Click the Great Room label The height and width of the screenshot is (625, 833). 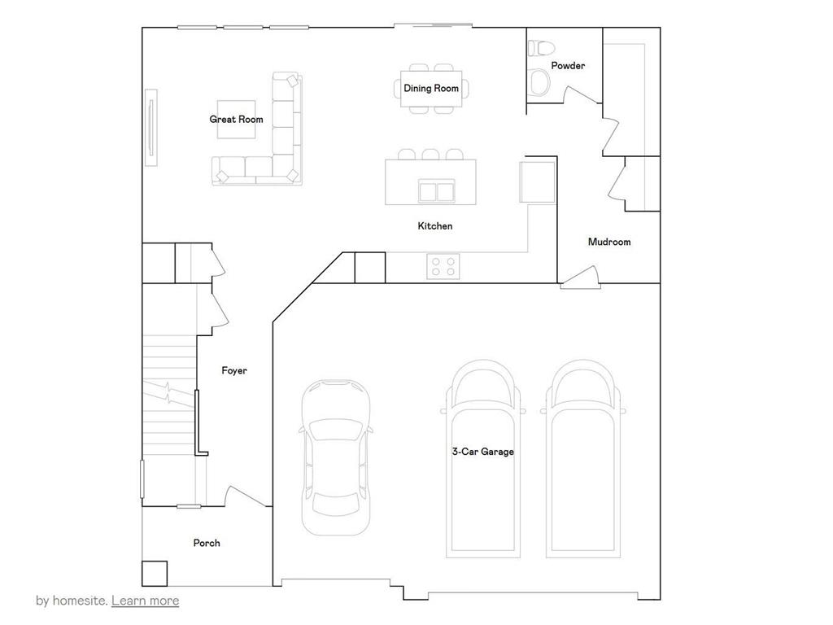pyautogui.click(x=236, y=120)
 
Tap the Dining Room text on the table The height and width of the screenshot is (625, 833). pyautogui.click(x=431, y=88)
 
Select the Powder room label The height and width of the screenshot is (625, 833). pyautogui.click(x=568, y=66)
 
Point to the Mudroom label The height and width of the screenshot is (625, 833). pyautogui.click(x=609, y=242)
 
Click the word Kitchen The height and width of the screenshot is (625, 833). pyautogui.click(x=435, y=225)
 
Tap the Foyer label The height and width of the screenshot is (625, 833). pyautogui.click(x=234, y=370)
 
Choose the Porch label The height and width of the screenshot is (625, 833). pyautogui.click(x=207, y=543)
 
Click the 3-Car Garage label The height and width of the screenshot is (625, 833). pyautogui.click(x=483, y=451)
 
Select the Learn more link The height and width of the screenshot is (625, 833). pyautogui.click(x=145, y=601)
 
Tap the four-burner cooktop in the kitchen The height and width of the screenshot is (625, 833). pyautogui.click(x=443, y=267)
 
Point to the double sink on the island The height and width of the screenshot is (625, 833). pyautogui.click(x=437, y=191)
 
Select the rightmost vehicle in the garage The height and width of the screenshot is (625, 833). pyautogui.click(x=581, y=460)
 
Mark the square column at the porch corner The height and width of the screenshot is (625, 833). pyautogui.click(x=155, y=574)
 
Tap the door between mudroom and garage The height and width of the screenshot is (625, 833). pyautogui.click(x=581, y=278)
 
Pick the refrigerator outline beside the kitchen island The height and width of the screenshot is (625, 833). pyautogui.click(x=537, y=181)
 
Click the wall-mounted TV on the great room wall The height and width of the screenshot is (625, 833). pyautogui.click(x=150, y=129)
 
